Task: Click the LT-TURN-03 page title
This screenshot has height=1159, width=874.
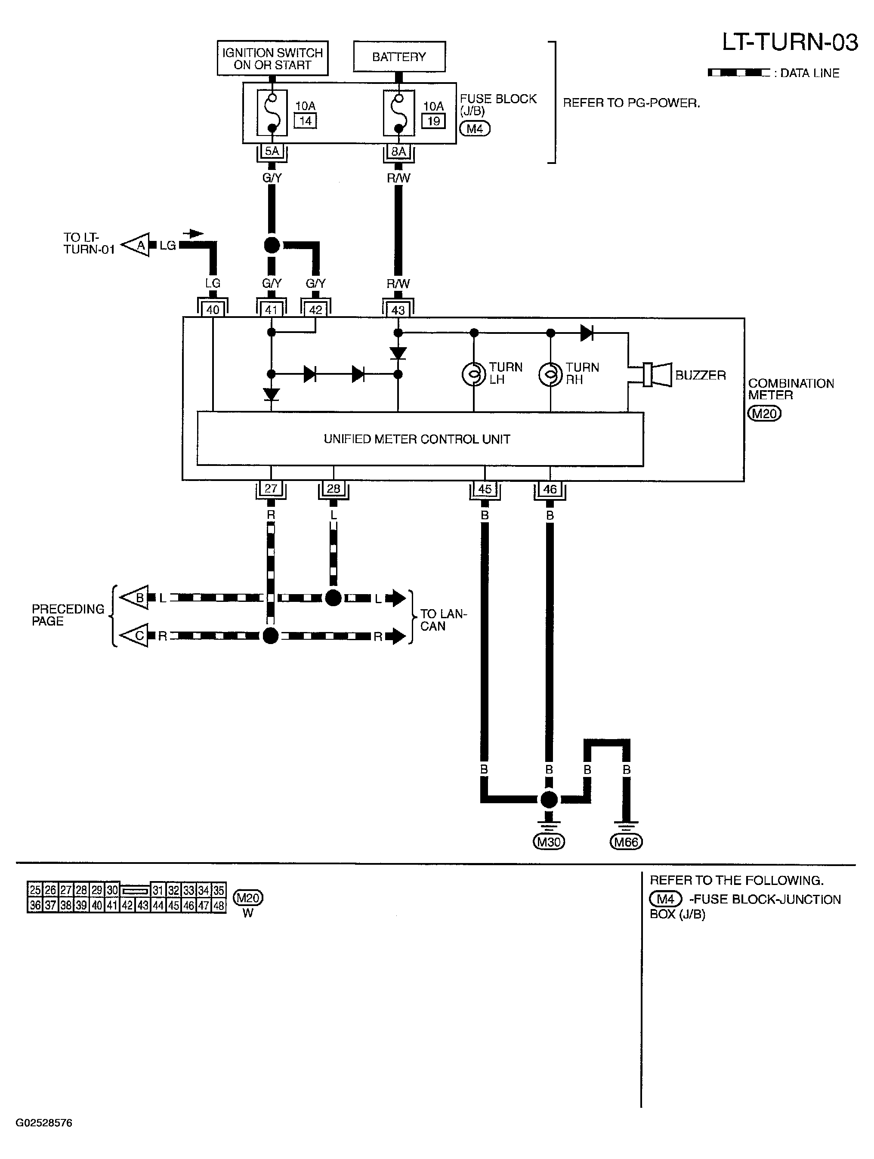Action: tap(790, 43)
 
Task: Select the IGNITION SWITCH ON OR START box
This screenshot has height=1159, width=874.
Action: tap(272, 58)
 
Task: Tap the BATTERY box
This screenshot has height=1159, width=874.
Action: tap(399, 57)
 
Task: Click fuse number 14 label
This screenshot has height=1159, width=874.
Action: tap(306, 121)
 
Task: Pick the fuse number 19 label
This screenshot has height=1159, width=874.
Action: tap(433, 121)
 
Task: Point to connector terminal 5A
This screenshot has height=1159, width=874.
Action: tap(272, 151)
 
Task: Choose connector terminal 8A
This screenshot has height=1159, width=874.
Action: tap(399, 151)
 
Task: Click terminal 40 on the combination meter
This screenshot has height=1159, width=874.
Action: tap(213, 310)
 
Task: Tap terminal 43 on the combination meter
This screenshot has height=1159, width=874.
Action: tap(398, 310)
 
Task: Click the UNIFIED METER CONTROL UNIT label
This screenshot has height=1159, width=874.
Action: tap(417, 439)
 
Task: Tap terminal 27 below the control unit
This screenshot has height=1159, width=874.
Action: tap(271, 489)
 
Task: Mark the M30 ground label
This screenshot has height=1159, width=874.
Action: tap(549, 842)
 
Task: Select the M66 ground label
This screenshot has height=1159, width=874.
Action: tap(626, 842)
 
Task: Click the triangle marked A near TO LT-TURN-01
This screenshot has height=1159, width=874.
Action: tap(135, 245)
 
